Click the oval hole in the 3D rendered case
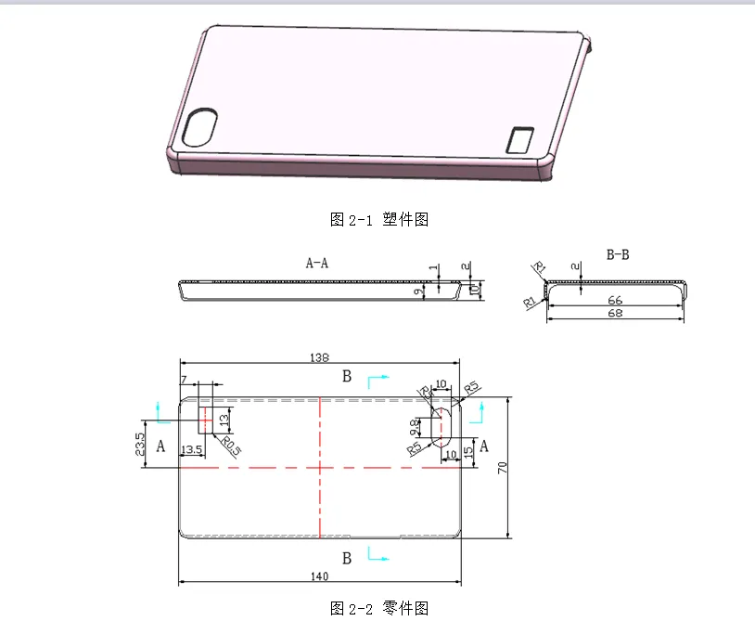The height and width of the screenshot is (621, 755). click(x=201, y=128)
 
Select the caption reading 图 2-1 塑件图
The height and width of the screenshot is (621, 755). click(x=378, y=220)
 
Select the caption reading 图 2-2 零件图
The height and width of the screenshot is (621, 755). click(x=378, y=609)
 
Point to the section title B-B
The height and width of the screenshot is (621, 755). click(x=617, y=253)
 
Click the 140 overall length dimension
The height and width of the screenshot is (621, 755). click(x=318, y=576)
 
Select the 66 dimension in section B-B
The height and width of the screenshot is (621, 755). click(x=615, y=301)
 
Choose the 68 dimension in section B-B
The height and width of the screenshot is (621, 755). click(x=615, y=314)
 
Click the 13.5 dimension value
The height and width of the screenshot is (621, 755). click(x=192, y=450)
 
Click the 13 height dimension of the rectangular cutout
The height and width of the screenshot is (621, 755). click(x=223, y=420)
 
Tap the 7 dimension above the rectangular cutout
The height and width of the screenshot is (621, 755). click(x=184, y=380)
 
